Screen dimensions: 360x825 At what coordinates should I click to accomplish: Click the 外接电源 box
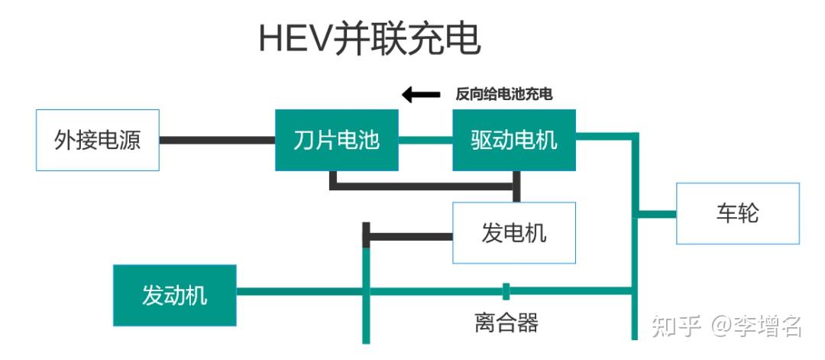pos(98,140)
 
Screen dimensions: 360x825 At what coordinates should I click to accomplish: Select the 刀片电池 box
pos(336,140)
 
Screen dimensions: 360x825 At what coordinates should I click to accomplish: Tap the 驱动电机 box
pos(514,140)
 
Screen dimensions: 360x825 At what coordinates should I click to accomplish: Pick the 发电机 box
pos(514,232)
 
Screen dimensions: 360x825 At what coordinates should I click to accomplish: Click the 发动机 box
pos(174,295)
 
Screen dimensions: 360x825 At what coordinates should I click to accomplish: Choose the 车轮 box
pos(737,213)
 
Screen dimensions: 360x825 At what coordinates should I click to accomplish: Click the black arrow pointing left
pos(421,95)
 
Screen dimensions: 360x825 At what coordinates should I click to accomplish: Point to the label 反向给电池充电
pos(503,95)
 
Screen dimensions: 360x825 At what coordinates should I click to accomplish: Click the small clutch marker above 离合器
pos(506,290)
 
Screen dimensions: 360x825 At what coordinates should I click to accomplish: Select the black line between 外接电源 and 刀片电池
pos(217,140)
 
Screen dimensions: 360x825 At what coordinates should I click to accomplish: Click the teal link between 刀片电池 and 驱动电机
pos(425,140)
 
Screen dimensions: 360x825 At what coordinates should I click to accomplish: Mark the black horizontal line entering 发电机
pos(409,236)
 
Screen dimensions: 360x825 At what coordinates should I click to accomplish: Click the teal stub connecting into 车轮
pos(657,214)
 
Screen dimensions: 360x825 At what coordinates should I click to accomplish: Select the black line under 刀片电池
pos(424,185)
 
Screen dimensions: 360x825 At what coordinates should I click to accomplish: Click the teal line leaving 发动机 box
pos(298,291)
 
